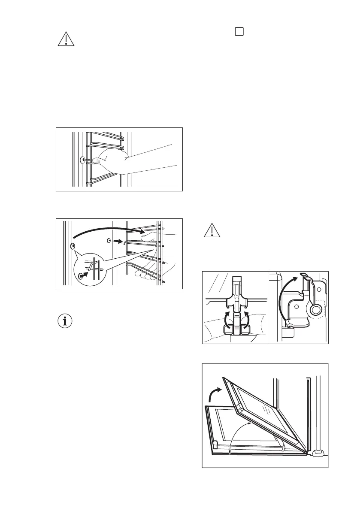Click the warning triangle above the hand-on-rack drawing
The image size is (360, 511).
pyautogui.click(x=66, y=39)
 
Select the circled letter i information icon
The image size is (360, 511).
pyautogui.click(x=66, y=321)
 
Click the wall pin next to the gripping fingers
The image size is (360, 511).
pyautogui.click(x=82, y=160)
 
